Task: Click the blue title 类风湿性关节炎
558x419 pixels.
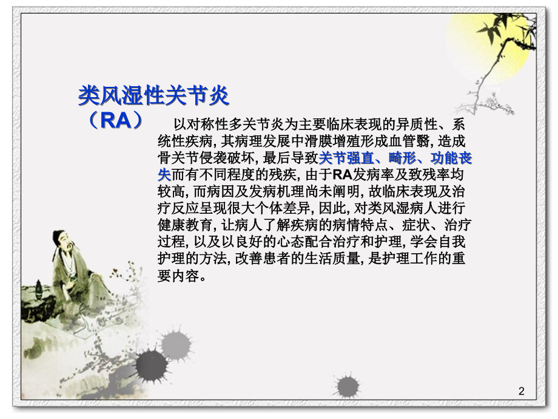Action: click(154, 95)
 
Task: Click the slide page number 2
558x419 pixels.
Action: click(522, 392)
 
